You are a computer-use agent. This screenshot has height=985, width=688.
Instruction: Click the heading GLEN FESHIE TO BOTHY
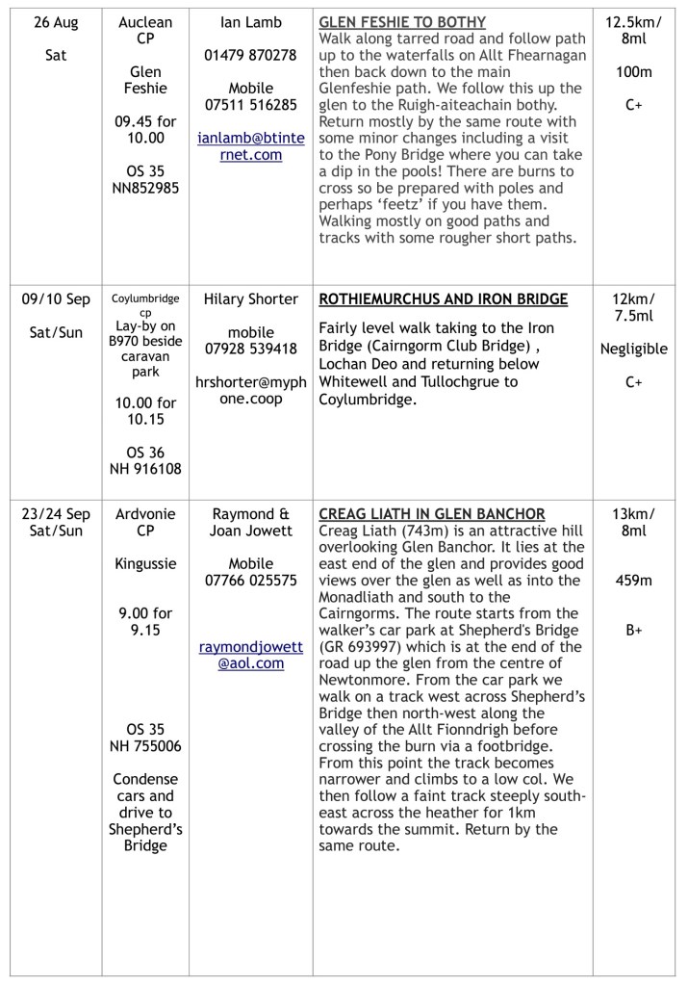tap(402, 22)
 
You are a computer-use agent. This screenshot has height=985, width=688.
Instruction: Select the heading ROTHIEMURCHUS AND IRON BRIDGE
tap(443, 299)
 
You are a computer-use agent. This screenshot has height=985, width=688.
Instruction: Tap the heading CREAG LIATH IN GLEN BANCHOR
tap(432, 514)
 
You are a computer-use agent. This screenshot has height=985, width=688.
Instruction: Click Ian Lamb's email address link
tap(250, 146)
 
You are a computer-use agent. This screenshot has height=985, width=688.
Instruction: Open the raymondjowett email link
tap(250, 656)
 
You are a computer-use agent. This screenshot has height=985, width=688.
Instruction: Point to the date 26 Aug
tap(56, 23)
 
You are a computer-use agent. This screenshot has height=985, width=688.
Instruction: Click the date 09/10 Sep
tap(56, 299)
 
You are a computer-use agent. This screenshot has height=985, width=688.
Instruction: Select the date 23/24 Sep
tap(56, 514)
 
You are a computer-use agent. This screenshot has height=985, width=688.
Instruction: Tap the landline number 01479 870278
tap(250, 55)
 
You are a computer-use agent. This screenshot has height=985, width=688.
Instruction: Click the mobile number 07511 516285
tap(250, 105)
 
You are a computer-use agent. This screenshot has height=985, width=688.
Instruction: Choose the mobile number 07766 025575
tap(250, 581)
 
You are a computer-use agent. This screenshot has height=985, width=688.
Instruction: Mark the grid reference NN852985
tap(145, 189)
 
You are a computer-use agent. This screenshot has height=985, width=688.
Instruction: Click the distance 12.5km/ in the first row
tap(634, 23)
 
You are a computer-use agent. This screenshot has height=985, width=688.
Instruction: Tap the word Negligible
tap(634, 349)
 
